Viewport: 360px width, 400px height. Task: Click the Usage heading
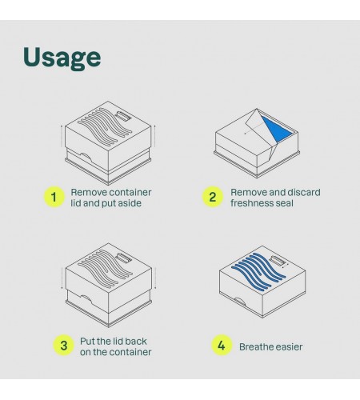[62, 58]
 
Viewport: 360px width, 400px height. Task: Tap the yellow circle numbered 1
[54, 197]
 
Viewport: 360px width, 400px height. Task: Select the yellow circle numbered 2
[212, 197]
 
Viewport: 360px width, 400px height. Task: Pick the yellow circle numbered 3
[63, 346]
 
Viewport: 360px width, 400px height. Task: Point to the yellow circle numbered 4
[222, 346]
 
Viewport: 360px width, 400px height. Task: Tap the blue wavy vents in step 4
[258, 271]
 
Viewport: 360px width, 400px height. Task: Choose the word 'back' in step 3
[136, 341]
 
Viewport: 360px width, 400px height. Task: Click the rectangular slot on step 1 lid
[123, 116]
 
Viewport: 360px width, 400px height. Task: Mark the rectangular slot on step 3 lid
[124, 258]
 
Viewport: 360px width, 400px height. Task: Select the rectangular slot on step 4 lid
[277, 260]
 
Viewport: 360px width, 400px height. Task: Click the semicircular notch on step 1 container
[86, 158]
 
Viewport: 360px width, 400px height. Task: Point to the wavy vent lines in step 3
[105, 269]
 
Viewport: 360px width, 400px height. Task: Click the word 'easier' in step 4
[290, 347]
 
